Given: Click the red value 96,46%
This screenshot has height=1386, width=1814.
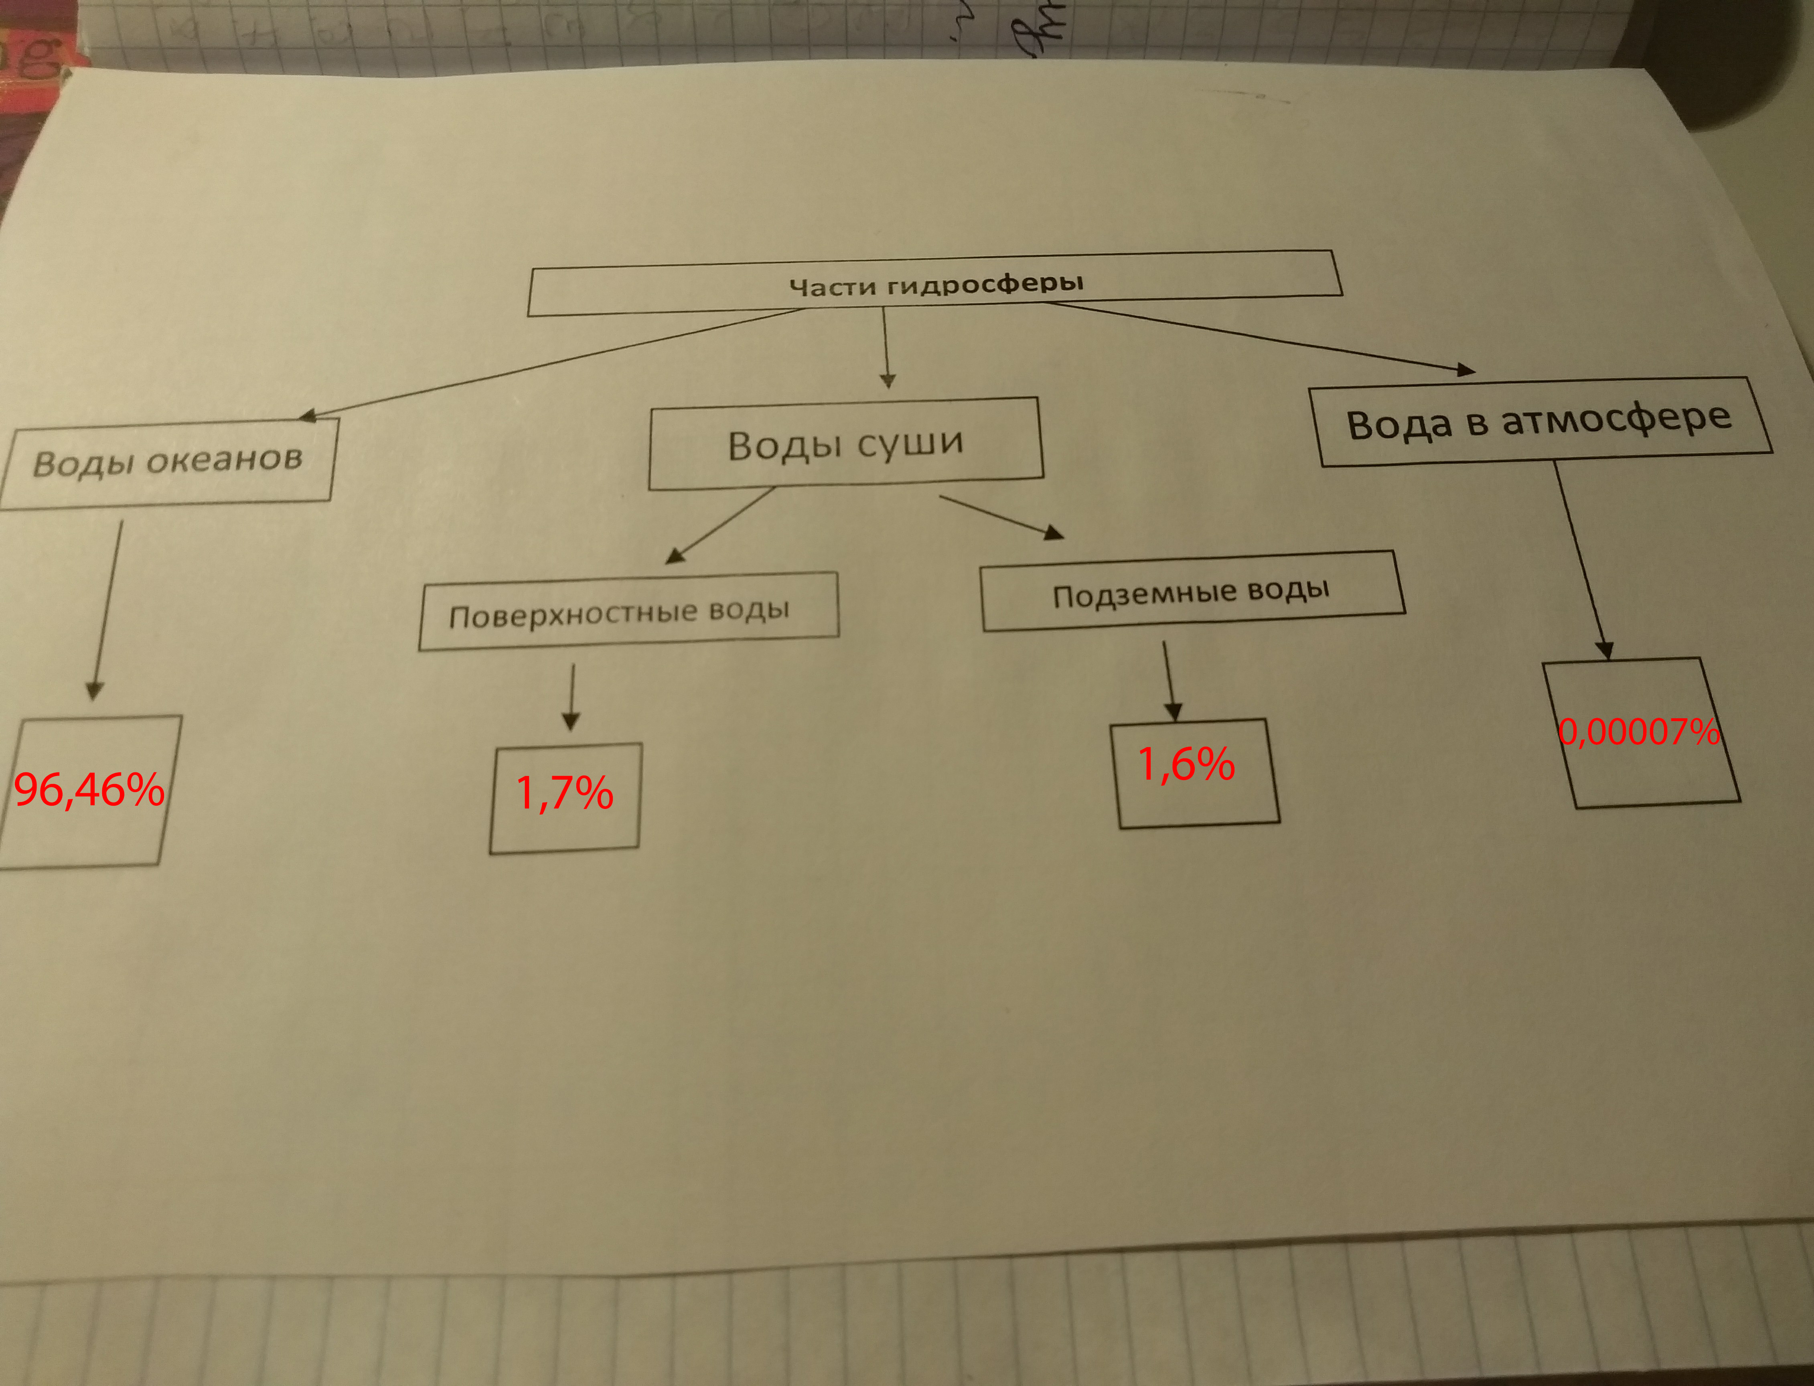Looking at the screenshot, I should click(x=89, y=790).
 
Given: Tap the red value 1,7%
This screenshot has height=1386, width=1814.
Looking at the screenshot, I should click(x=564, y=793).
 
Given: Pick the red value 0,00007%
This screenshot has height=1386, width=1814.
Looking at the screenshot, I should click(x=1638, y=732).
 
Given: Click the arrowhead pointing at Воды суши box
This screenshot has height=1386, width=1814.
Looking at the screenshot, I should click(x=888, y=380).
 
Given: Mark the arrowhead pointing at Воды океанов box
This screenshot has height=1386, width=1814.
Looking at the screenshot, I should click(x=308, y=416).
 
